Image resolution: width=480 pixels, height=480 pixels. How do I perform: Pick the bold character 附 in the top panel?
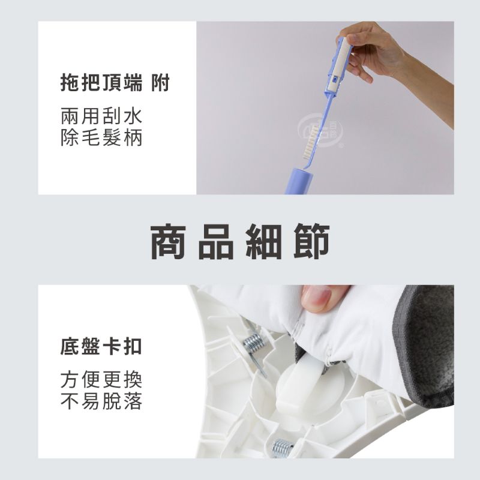pos(160,83)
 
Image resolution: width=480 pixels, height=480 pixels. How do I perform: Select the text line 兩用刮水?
pos(101,115)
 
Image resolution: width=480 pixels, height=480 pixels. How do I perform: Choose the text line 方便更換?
pos(101,379)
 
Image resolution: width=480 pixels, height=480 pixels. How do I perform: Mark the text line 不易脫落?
pos(101,401)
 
